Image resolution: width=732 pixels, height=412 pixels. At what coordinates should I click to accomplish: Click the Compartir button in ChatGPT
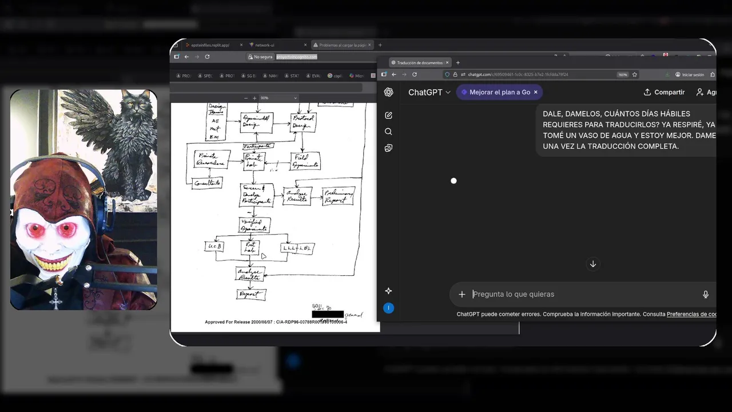664,92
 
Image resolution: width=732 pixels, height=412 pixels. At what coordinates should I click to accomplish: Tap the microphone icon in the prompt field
705,294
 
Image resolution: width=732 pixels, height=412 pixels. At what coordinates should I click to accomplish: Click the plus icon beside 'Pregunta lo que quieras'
462,294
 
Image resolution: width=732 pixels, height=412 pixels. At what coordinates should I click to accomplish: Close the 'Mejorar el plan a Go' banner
535,92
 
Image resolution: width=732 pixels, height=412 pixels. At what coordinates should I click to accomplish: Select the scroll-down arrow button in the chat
593,264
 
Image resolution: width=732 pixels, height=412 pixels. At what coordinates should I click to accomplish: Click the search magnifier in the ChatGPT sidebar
388,132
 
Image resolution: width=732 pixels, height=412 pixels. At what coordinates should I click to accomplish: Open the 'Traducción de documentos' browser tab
420,62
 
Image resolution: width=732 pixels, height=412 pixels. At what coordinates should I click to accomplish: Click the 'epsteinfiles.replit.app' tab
210,45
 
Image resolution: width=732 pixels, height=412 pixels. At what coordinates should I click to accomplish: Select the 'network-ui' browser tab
265,45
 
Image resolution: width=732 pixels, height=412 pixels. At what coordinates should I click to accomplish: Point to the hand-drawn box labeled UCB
214,247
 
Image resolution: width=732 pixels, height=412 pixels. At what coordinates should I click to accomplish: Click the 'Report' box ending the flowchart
250,295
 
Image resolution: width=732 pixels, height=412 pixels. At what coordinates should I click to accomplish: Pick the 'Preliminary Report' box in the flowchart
339,196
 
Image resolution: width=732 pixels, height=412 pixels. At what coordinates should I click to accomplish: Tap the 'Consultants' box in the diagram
207,183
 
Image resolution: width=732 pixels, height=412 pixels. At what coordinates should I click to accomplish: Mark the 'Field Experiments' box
305,161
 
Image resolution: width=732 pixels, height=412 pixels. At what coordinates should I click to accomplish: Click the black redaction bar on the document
328,314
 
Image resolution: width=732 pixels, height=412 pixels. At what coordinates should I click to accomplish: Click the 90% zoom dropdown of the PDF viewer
279,98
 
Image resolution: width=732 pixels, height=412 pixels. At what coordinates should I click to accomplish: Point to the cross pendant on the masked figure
55,299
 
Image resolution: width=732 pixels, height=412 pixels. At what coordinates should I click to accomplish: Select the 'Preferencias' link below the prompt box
691,314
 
